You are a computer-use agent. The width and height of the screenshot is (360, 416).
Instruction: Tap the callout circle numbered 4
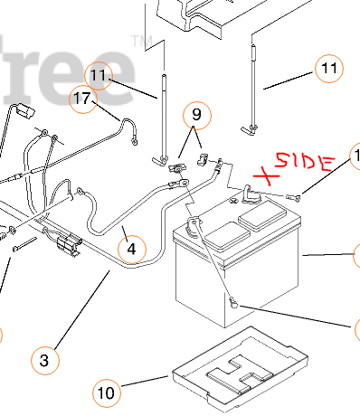pyautogui.click(x=131, y=247)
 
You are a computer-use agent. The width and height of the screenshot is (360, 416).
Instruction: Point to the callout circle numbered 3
pyautogui.click(x=43, y=360)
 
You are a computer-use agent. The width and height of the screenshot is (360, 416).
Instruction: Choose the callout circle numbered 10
pyautogui.click(x=107, y=392)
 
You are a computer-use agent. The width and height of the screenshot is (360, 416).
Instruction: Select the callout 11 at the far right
pyautogui.click(x=329, y=68)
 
